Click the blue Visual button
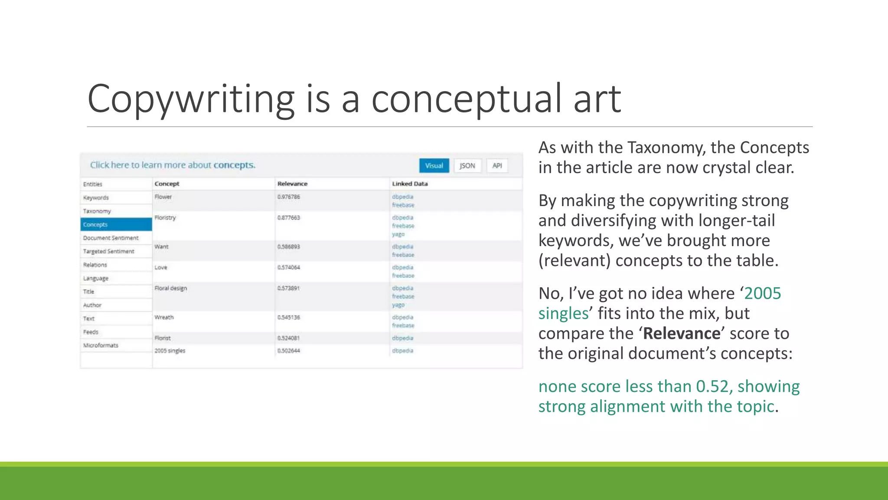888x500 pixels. click(434, 166)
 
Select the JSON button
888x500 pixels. click(467, 166)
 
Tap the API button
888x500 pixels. click(497, 166)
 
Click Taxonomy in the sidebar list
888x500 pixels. click(97, 211)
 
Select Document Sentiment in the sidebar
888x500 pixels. click(111, 238)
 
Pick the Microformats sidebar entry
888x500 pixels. click(101, 345)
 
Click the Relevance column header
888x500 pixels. click(292, 184)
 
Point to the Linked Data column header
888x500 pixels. click(410, 184)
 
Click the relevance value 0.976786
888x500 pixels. click(289, 197)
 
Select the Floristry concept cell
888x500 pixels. click(165, 217)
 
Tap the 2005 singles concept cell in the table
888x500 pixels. click(170, 351)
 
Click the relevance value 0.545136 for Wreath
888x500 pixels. click(289, 317)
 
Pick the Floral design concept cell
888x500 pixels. click(171, 288)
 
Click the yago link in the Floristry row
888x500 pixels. click(398, 234)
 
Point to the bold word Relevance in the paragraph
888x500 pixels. click(682, 333)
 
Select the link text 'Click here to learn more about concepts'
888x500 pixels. click(173, 165)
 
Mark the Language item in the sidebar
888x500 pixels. click(96, 278)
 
